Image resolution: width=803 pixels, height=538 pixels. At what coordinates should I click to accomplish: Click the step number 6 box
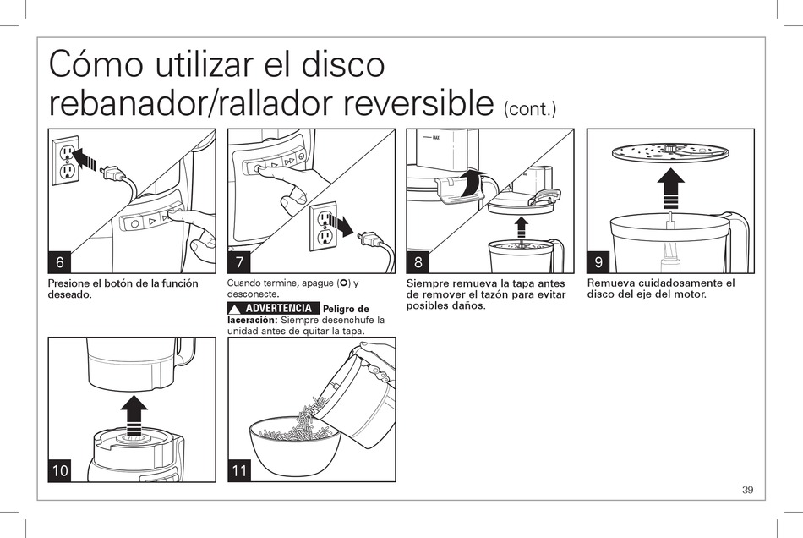[60, 262]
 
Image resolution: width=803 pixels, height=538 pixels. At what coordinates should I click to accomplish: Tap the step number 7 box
[239, 262]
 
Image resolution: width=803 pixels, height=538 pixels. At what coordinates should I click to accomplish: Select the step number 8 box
[418, 262]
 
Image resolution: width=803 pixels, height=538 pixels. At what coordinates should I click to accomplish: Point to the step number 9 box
[598, 262]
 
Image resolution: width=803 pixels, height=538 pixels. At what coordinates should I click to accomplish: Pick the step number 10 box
[60, 470]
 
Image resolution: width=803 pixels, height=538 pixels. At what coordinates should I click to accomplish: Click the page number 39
[748, 490]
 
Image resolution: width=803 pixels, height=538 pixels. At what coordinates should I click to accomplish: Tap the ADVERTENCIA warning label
[274, 309]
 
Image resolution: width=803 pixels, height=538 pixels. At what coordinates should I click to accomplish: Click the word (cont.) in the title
[530, 109]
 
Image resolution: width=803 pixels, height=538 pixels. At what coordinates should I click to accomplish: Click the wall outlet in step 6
[66, 161]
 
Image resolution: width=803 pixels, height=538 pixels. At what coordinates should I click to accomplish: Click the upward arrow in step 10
[134, 415]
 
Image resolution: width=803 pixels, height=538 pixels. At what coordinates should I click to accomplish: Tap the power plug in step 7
[371, 239]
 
